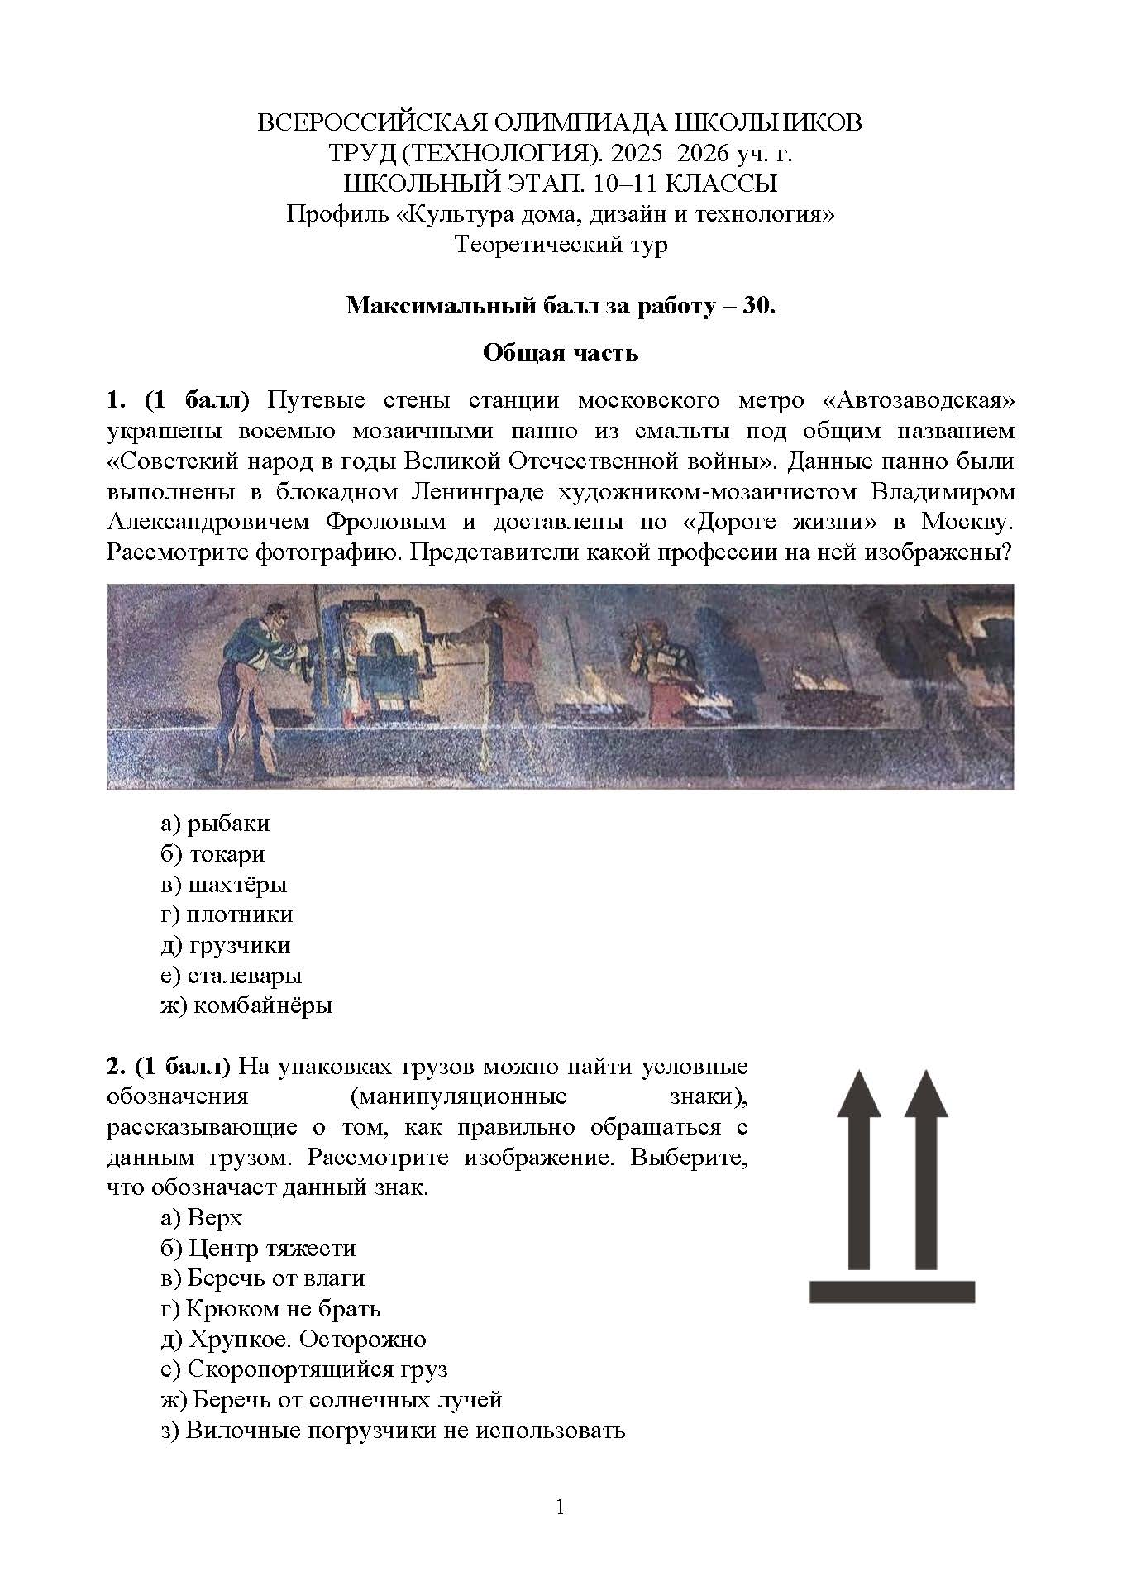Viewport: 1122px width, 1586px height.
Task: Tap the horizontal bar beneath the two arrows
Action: pos(891,1291)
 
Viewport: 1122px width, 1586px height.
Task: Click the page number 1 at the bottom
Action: pos(561,1507)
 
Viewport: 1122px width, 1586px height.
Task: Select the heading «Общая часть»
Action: pos(561,353)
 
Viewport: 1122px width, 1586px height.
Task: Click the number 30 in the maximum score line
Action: pos(757,306)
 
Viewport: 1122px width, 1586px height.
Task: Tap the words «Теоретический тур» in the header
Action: pos(561,245)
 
